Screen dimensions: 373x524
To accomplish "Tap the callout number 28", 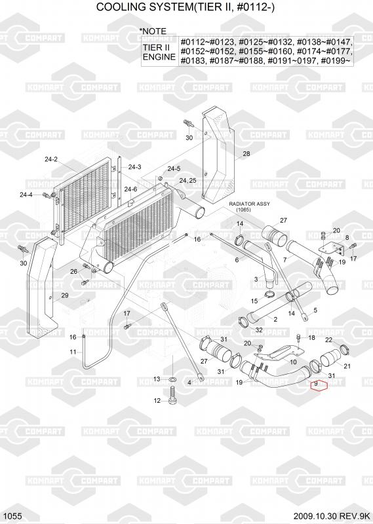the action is point(246,154).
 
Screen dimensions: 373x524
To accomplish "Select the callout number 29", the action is point(64,295).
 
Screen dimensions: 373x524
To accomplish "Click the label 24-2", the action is point(51,159).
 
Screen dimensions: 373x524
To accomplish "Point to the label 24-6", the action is point(130,189).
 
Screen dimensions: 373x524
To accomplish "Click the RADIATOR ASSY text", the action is point(249,204).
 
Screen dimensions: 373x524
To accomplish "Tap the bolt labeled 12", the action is point(172,395).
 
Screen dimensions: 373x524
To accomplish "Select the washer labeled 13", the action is point(173,379).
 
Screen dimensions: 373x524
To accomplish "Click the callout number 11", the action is point(73,352).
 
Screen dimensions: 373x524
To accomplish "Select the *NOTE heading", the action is point(153,31).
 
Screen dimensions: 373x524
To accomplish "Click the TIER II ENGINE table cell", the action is point(159,52).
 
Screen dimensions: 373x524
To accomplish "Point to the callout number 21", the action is point(347,366).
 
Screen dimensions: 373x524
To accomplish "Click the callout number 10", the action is point(293,362).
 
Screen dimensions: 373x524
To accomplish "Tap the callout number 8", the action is point(347,237).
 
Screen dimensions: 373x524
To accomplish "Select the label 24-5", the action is point(174,169).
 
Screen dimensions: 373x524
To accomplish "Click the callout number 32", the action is point(259,330).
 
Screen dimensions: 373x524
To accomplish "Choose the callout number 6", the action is point(237,260).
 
